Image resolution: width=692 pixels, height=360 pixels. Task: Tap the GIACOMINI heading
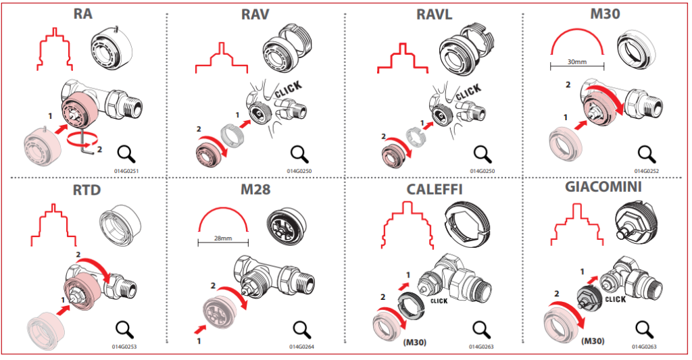tap(604, 188)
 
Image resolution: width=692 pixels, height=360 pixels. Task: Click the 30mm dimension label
tap(576, 62)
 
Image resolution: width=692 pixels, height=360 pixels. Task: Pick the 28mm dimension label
tap(223, 238)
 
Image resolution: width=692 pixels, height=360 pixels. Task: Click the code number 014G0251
tap(127, 172)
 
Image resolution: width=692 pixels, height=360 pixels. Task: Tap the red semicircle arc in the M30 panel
tap(576, 41)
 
